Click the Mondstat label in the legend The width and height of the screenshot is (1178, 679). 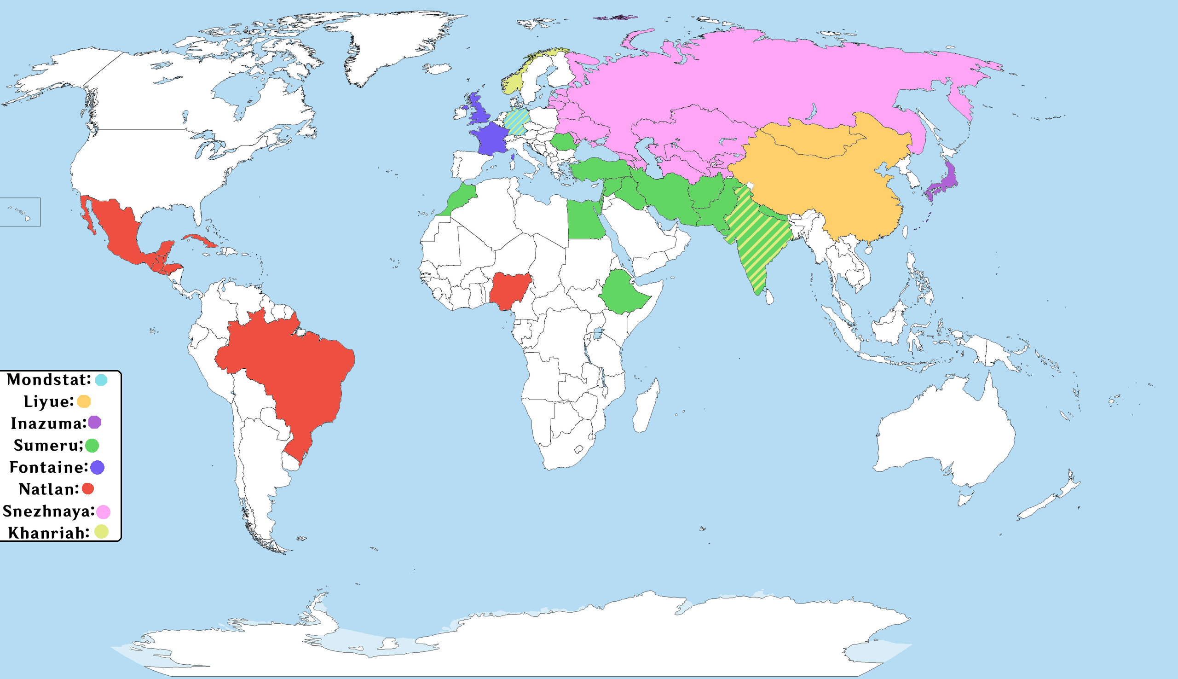[48, 380]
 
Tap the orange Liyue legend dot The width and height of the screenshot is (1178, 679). [84, 401]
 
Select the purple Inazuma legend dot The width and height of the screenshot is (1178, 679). [95, 423]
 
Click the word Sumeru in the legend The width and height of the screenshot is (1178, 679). [47, 445]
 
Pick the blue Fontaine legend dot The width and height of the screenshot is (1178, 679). [98, 467]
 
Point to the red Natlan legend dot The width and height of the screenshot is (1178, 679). [87, 489]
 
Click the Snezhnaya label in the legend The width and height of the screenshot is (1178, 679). [48, 511]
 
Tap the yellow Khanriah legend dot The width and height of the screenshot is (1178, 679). [102, 532]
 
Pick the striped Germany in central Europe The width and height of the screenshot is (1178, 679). [517, 121]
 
